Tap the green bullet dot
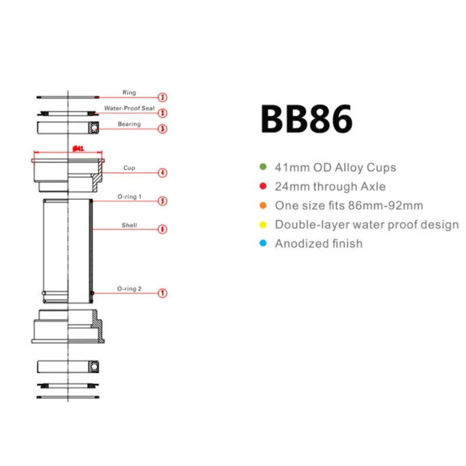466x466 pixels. click(263, 168)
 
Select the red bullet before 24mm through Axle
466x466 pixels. click(263, 187)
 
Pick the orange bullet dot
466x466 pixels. click(263, 206)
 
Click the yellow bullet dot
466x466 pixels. click(263, 224)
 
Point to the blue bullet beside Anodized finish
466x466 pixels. click(263, 243)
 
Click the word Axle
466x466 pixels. click(372, 187)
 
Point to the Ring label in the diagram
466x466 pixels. click(129, 93)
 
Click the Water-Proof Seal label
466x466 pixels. click(129, 108)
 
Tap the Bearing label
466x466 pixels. click(129, 124)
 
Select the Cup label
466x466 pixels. click(129, 168)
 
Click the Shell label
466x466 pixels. click(129, 225)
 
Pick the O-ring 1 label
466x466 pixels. click(129, 197)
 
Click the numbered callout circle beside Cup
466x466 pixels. click(163, 172)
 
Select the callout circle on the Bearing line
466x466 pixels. click(163, 128)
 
